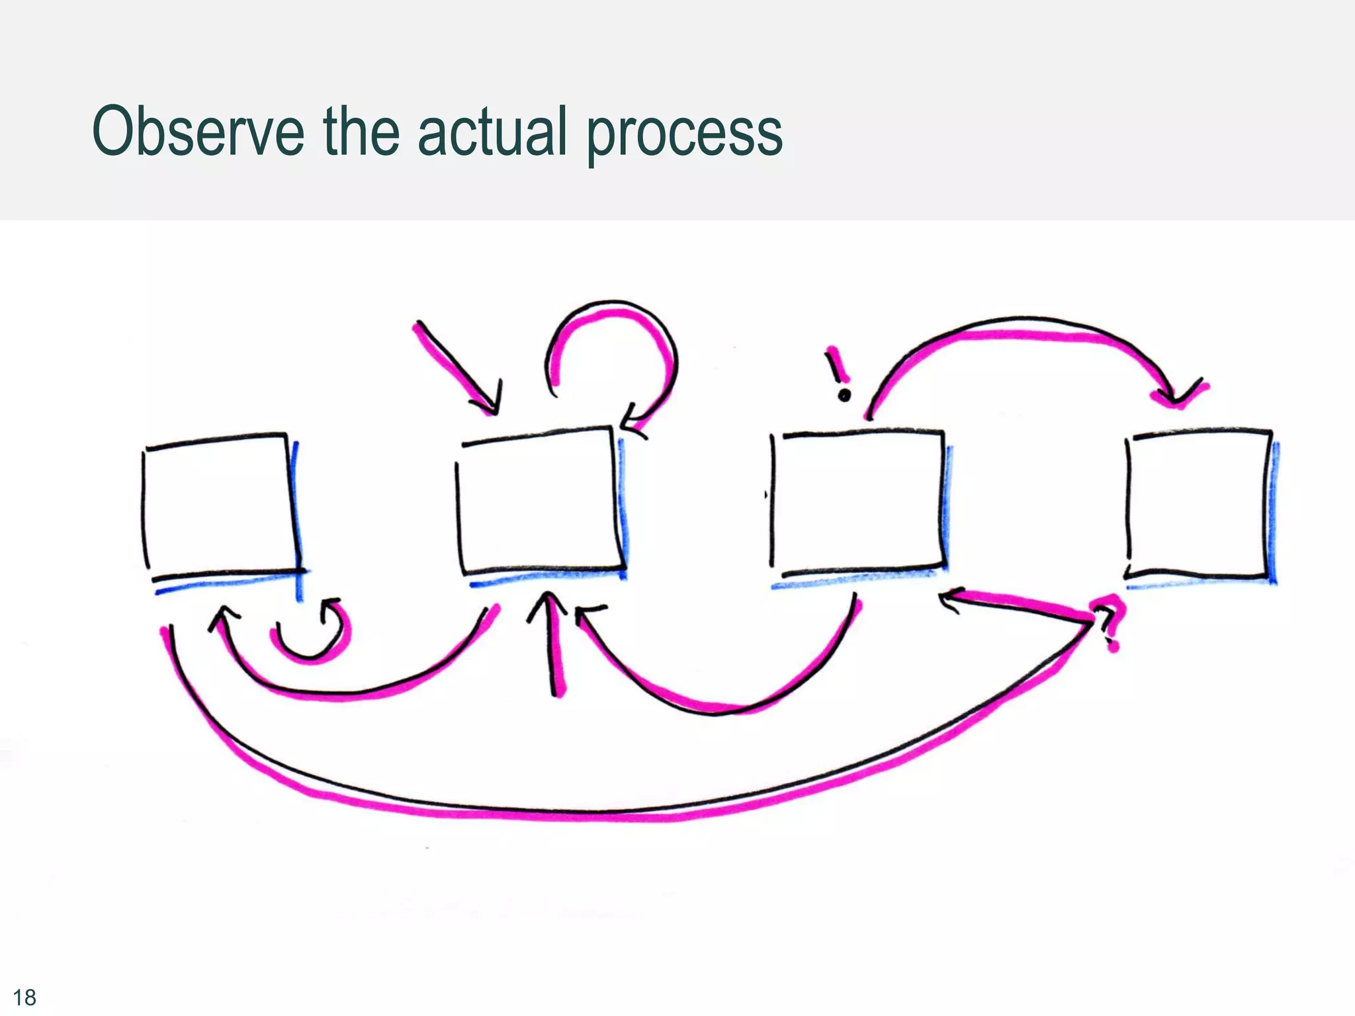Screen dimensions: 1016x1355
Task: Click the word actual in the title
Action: click(x=492, y=132)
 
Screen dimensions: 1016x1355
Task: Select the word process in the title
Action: click(x=684, y=136)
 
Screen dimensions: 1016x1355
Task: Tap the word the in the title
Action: click(x=361, y=132)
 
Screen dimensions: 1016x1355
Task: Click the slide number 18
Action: click(x=24, y=997)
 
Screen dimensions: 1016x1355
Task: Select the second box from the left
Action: click(x=539, y=503)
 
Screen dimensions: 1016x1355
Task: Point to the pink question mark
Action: click(x=1109, y=622)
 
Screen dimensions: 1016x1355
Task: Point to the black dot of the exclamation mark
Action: click(x=844, y=396)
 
